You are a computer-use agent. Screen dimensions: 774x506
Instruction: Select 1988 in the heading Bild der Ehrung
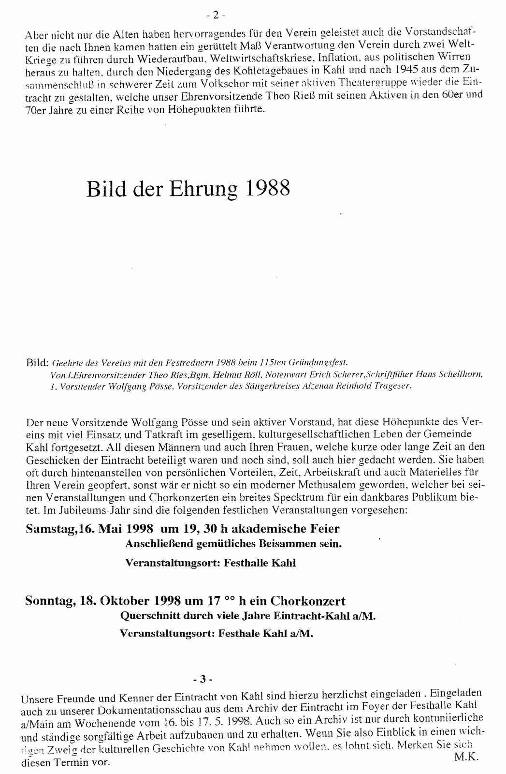click(268, 188)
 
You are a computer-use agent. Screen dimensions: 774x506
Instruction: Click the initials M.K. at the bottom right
click(466, 758)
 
